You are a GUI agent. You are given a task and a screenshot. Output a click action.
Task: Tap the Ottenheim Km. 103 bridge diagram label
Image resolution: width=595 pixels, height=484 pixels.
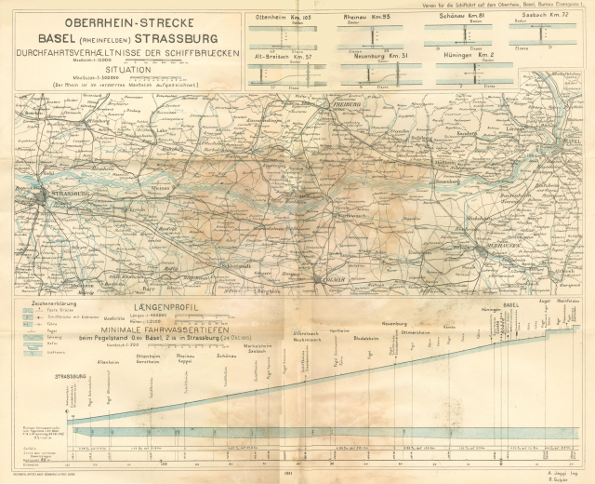[x=283, y=17]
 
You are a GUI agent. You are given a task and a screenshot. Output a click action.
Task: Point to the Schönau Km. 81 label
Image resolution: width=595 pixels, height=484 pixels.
[x=456, y=17]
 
